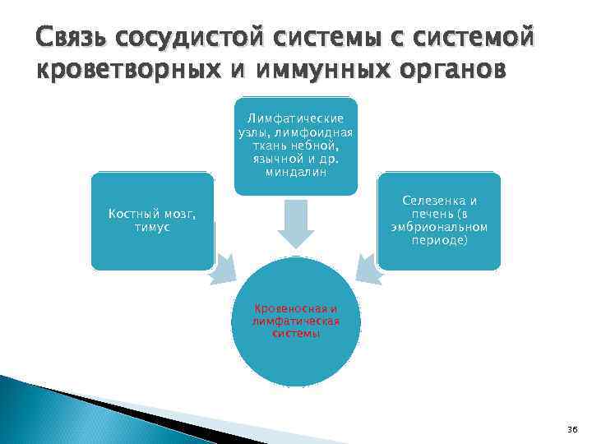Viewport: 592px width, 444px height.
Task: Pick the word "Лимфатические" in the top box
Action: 296,119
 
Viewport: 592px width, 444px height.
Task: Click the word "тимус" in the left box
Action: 152,227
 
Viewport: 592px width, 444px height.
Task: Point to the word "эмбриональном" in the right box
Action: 439,228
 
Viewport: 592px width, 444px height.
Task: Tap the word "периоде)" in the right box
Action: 439,241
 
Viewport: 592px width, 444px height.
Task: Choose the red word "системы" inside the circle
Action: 296,334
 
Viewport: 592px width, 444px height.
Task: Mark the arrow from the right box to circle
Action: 368,270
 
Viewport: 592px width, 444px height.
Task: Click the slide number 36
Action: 572,430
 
